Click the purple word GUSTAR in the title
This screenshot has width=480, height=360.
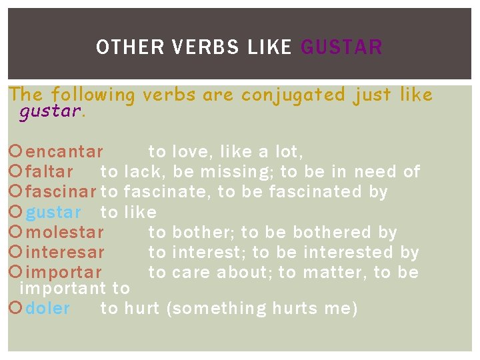click(342, 47)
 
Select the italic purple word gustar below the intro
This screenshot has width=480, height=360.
click(50, 111)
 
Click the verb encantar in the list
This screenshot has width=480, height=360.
click(64, 151)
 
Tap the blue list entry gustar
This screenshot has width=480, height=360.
click(53, 212)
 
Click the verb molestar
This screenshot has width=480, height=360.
click(65, 232)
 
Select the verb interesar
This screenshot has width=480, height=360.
click(65, 252)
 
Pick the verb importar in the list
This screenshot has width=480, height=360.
click(63, 273)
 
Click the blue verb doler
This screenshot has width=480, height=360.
click(47, 308)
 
